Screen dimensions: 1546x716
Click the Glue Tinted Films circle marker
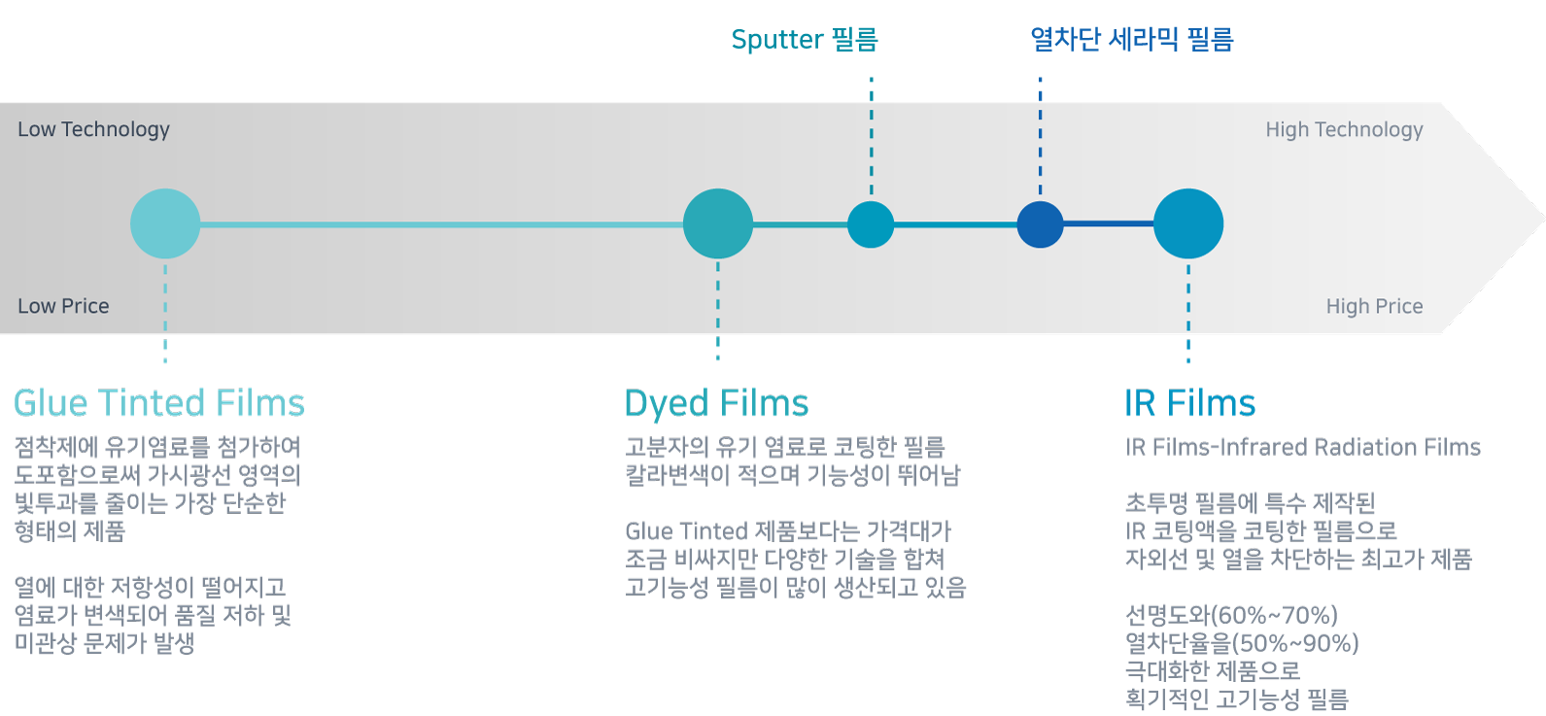click(x=165, y=223)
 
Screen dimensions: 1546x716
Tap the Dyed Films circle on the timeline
click(x=717, y=223)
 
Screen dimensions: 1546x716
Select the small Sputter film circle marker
click(x=871, y=224)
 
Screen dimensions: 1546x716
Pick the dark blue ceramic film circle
click(x=1040, y=224)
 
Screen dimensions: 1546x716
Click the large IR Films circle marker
click(x=1187, y=223)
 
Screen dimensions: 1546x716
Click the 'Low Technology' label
click(x=93, y=129)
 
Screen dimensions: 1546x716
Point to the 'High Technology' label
click(x=1343, y=129)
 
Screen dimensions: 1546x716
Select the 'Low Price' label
click(x=63, y=306)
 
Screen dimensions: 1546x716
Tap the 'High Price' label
click(x=1374, y=306)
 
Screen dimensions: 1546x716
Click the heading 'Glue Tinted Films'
click(x=158, y=403)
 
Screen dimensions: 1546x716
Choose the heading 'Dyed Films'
click(x=716, y=403)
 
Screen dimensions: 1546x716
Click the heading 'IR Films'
click(x=1189, y=403)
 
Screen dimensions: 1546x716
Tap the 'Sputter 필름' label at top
click(x=805, y=40)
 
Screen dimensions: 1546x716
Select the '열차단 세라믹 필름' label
click(x=1131, y=40)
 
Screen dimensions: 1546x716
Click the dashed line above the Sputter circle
click(x=871, y=136)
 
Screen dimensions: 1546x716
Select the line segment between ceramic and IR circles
click(x=1108, y=224)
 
